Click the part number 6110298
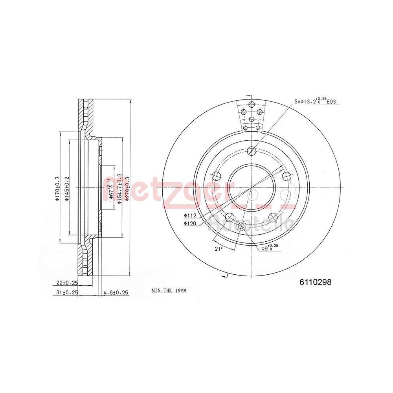(316, 282)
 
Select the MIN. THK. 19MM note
(169, 291)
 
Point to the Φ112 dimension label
(189, 215)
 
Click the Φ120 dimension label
(189, 223)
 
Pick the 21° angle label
(219, 248)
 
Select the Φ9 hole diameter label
(270, 248)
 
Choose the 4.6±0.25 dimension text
(116, 292)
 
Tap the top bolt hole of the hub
(252, 150)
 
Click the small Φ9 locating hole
(242, 226)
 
